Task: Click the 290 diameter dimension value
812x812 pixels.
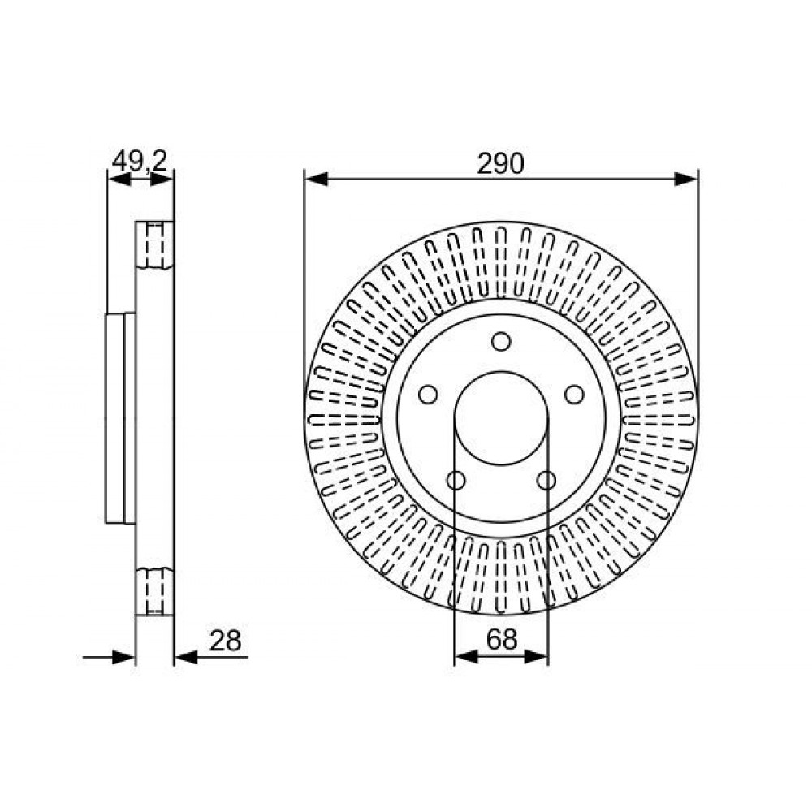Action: click(500, 163)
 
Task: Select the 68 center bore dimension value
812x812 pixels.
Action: click(501, 639)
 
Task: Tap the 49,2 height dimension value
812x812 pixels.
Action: click(140, 161)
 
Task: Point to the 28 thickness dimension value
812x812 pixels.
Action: click(225, 641)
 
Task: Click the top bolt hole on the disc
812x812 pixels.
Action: click(501, 341)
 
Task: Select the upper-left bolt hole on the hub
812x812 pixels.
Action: click(428, 395)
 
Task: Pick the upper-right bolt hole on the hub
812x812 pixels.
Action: click(574, 395)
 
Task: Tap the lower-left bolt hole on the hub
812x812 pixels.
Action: click(456, 481)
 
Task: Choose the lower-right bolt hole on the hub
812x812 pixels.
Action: click(546, 481)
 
